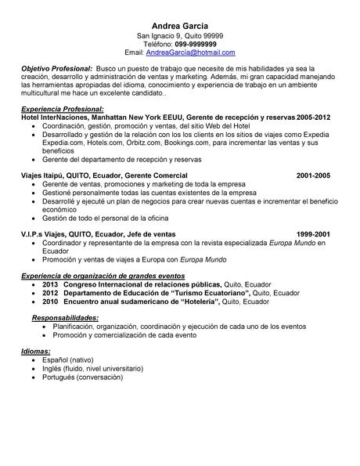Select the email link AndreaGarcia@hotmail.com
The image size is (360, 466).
tap(190, 52)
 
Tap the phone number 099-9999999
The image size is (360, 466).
tap(196, 44)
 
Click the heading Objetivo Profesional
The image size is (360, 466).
tap(57, 70)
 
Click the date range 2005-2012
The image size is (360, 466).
tap(313, 117)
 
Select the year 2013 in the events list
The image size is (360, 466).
tap(50, 285)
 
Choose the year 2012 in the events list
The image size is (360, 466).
tap(50, 293)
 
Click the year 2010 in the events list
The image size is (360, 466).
tap(50, 301)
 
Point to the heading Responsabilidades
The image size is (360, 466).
tap(65, 316)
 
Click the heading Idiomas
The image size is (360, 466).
tap(36, 351)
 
